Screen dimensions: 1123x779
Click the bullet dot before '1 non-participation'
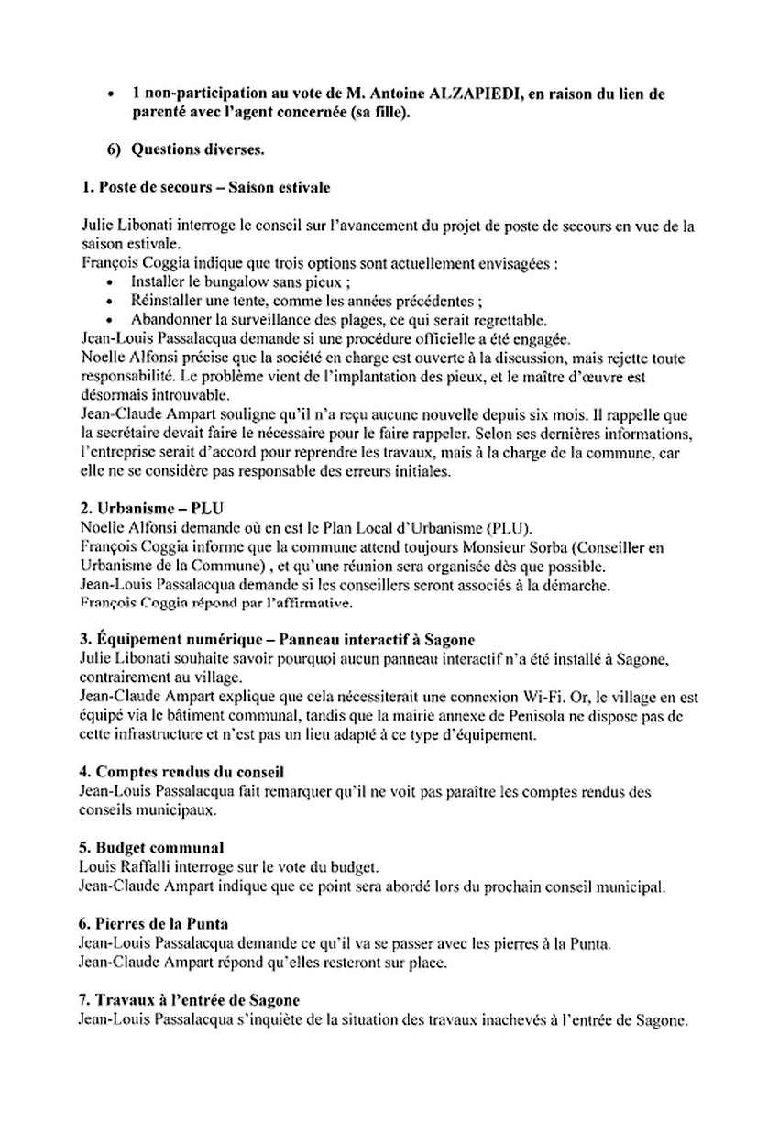pyautogui.click(x=111, y=94)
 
